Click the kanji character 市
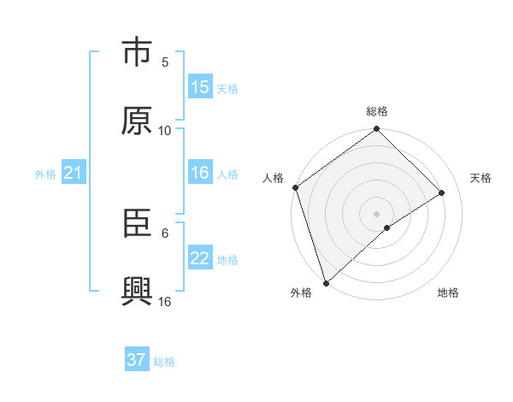[x=137, y=53]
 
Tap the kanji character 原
[x=137, y=121]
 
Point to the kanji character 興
[x=137, y=292]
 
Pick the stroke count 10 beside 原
[x=165, y=130]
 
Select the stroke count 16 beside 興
[x=165, y=301]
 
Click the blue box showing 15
[x=200, y=87]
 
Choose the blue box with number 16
[x=200, y=173]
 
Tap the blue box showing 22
[x=200, y=258]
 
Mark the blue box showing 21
[x=74, y=174]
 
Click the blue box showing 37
[x=137, y=360]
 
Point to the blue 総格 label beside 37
[x=164, y=362]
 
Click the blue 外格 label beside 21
[x=45, y=174]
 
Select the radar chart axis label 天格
[x=481, y=178]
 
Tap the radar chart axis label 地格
[x=448, y=293]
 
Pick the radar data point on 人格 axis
[x=295, y=188]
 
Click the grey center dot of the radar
[x=377, y=213]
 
